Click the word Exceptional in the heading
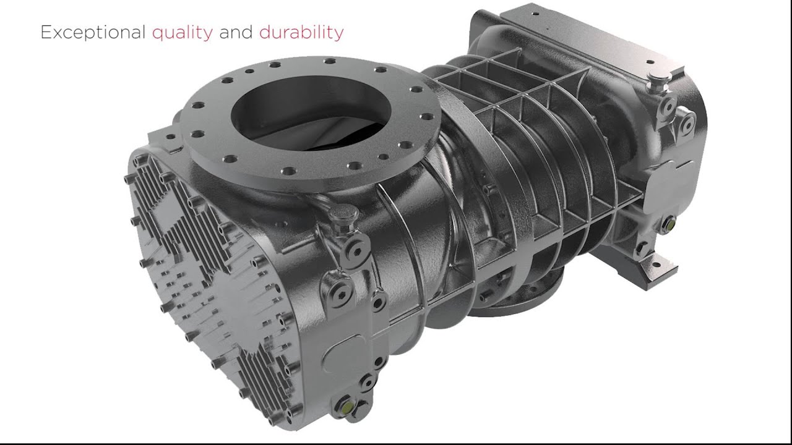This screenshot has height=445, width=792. click(x=93, y=33)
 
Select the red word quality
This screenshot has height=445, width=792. click(x=183, y=33)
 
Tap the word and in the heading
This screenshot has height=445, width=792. click(x=236, y=32)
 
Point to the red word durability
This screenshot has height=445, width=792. click(x=301, y=33)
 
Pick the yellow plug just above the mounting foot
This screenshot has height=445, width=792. click(x=668, y=223)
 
